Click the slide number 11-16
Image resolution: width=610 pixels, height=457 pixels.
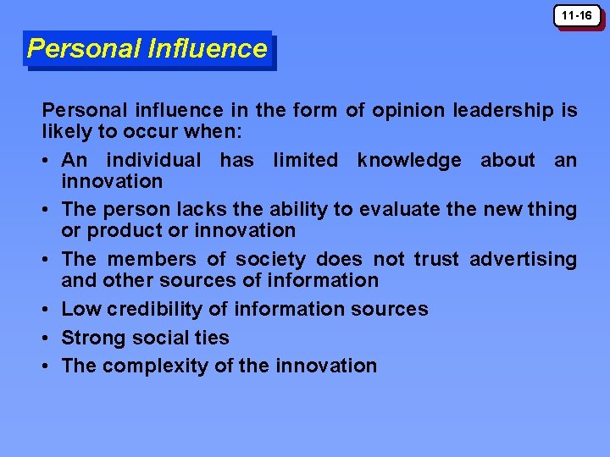579,15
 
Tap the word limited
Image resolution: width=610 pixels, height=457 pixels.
305,160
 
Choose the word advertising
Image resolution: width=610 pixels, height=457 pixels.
523,259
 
